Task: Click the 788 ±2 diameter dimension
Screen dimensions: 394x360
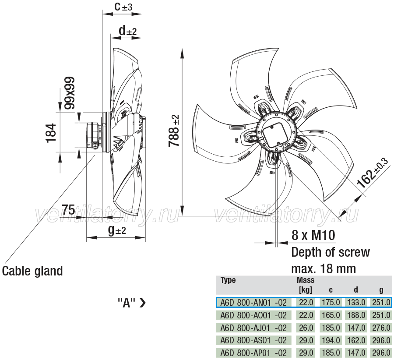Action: point(174,131)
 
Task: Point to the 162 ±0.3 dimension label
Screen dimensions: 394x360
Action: point(373,173)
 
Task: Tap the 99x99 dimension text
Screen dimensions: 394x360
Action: point(70,93)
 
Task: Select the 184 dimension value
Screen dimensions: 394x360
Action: point(51,133)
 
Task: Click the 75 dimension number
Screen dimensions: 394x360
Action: point(69,209)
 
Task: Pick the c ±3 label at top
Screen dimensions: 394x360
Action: point(123,7)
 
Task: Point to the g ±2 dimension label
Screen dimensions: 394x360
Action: point(117,230)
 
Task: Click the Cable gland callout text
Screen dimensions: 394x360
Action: point(32,271)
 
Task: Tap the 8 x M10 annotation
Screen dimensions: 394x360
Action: point(313,235)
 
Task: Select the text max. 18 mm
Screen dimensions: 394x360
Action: point(324,269)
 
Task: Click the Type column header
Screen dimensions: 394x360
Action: point(228,280)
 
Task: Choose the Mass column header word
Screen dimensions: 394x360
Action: point(306,280)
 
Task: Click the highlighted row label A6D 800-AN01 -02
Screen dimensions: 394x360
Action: point(253,302)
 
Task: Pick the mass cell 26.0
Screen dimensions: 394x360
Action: point(306,328)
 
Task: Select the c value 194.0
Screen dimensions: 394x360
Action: point(331,340)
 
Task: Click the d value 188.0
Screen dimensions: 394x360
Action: point(356,315)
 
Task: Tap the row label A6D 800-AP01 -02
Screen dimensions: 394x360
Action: point(253,353)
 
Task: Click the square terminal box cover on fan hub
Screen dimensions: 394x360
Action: point(275,135)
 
